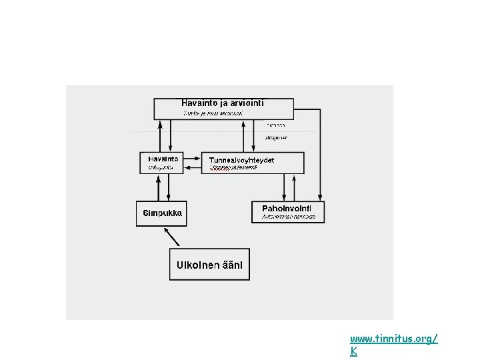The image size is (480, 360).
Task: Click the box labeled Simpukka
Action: point(161,213)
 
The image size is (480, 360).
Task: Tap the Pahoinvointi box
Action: point(288,211)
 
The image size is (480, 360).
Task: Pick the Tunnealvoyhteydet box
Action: point(253,163)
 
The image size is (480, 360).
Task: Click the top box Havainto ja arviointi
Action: point(223,109)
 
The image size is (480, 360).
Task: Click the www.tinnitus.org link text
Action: point(393,339)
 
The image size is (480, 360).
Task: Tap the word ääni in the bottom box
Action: point(234,265)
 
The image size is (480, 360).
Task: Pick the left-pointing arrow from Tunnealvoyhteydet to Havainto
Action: point(191,170)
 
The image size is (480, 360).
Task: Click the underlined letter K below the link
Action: point(353,351)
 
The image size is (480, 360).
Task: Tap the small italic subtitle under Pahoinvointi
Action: point(287,217)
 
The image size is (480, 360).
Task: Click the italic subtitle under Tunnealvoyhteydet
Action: point(233,168)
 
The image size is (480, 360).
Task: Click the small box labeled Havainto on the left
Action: point(161,163)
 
